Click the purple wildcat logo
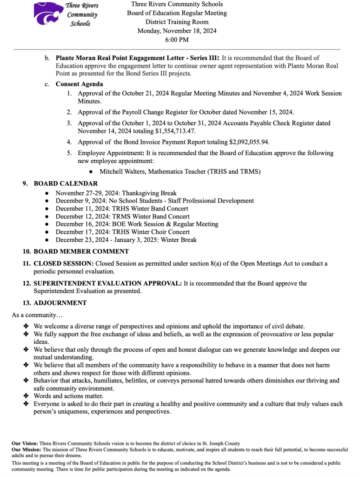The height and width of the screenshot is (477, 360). (48, 14)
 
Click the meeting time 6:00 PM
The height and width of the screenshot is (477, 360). (177, 40)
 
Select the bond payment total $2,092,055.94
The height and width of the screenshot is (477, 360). (249, 142)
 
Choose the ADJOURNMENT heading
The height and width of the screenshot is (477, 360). (60, 303)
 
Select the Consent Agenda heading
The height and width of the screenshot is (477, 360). (80, 84)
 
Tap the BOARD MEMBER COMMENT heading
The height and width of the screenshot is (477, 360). (81, 252)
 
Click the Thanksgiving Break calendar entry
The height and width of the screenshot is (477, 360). (116, 193)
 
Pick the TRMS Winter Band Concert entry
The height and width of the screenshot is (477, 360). (122, 217)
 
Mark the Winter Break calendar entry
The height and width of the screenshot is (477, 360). (126, 240)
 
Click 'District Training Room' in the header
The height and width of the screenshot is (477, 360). (177, 22)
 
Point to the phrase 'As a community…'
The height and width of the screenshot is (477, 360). (31, 315)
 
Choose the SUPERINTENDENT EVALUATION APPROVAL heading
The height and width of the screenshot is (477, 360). (107, 283)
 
